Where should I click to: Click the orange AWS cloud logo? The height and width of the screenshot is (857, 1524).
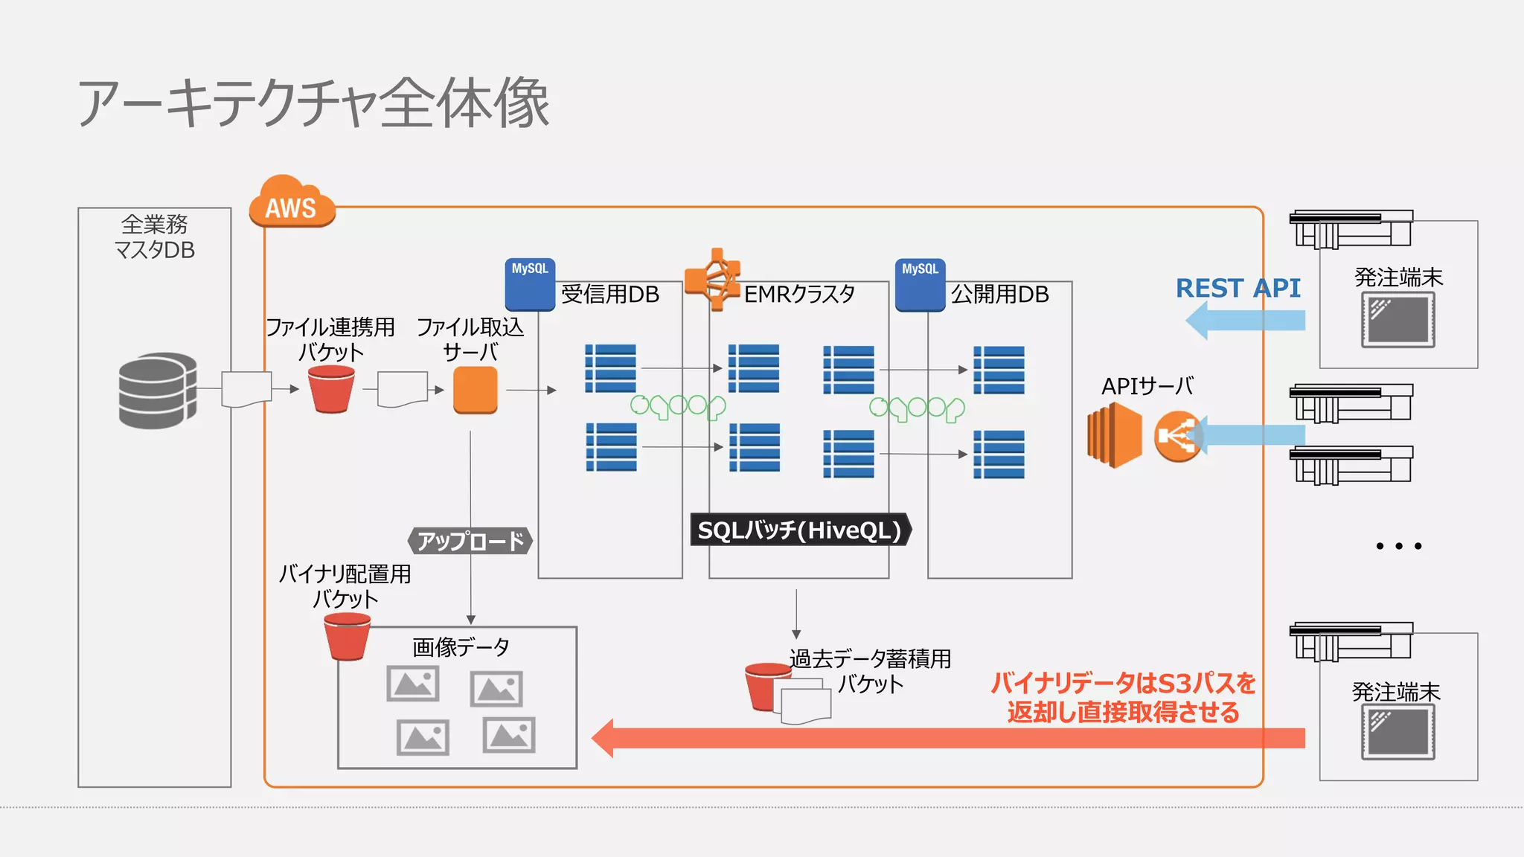tap(291, 202)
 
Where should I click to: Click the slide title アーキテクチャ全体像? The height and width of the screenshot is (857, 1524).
tap(313, 103)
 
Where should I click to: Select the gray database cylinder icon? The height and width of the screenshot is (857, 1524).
tap(157, 390)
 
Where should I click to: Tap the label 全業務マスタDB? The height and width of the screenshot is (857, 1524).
tap(155, 237)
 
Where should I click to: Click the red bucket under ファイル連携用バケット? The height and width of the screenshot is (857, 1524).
tap(331, 388)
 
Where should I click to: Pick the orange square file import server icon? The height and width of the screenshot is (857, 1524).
tap(475, 390)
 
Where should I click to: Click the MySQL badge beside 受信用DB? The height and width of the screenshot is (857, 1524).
tap(530, 284)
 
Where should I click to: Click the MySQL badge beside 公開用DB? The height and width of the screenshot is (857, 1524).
tap(920, 284)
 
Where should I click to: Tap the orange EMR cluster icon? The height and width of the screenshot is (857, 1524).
tap(713, 279)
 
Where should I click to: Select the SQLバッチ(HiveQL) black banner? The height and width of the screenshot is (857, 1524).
tap(799, 530)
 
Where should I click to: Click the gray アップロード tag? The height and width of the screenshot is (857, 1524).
tap(470, 541)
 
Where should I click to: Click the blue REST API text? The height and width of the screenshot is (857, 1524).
tap(1238, 288)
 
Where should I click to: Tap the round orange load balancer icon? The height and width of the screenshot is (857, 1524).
tap(1177, 437)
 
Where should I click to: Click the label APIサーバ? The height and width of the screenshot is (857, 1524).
tap(1147, 386)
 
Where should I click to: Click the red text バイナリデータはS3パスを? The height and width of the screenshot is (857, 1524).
tap(1123, 683)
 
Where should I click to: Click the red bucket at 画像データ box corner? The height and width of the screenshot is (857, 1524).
tap(347, 637)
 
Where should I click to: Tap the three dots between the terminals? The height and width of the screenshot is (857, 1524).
tap(1398, 546)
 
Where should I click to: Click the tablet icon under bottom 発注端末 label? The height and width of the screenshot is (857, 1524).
tap(1398, 732)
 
